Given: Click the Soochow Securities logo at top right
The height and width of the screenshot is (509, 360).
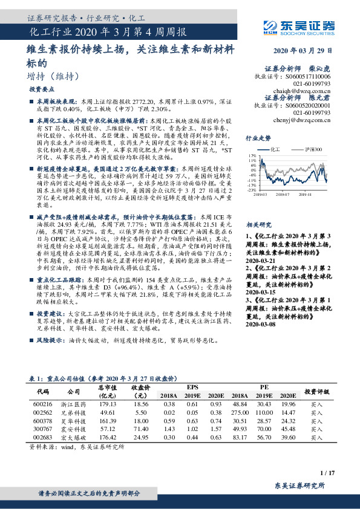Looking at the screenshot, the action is (x=300, y=25).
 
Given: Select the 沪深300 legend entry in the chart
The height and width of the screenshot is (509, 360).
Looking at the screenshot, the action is (x=307, y=148).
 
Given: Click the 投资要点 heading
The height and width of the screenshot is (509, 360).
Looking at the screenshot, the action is (x=42, y=89).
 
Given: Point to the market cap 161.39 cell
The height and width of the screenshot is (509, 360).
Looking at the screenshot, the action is (x=106, y=420).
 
